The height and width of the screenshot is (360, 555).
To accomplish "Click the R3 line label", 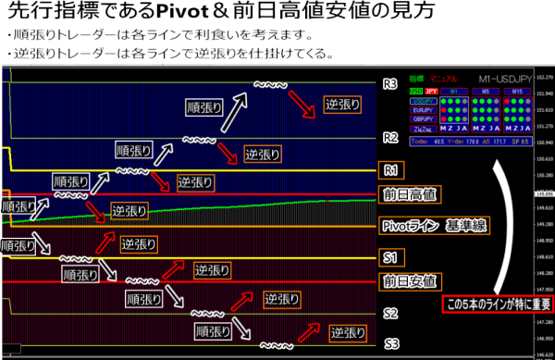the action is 389,84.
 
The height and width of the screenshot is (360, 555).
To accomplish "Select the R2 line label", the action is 389,139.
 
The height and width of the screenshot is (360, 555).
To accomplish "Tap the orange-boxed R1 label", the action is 390,170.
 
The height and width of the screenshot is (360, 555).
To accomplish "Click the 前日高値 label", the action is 410,194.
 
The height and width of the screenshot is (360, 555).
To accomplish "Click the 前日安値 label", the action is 410,280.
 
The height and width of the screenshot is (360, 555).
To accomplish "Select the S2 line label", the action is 390,313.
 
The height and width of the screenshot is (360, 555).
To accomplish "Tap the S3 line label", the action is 390,343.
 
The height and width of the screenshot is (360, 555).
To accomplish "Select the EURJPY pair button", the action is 423,108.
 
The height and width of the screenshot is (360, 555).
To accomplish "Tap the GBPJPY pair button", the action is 423,119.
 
